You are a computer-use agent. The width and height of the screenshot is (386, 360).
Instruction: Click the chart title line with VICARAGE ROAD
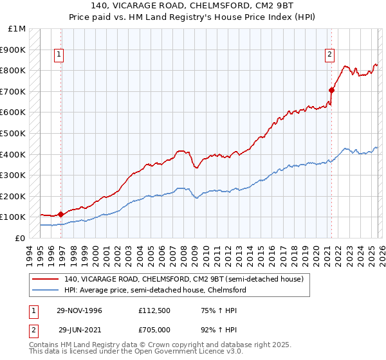click(x=192, y=6)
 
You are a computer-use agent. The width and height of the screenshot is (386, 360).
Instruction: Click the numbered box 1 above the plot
click(x=59, y=55)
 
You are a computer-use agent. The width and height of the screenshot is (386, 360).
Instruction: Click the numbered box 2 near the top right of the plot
click(x=329, y=55)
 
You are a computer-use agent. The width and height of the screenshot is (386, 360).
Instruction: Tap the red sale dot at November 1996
click(x=61, y=214)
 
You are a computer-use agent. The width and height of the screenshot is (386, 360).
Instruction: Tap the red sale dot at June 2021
click(x=332, y=90)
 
